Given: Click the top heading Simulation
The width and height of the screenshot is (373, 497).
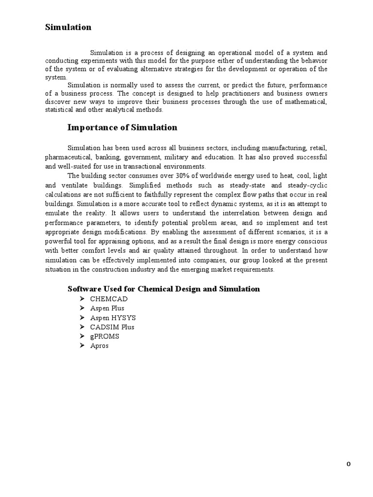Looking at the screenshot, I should [x=68, y=27].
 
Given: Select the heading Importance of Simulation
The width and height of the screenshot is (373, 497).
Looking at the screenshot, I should [x=122, y=128].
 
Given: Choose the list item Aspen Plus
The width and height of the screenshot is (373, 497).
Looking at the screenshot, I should [x=107, y=308].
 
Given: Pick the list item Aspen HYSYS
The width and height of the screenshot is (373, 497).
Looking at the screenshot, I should [x=113, y=317].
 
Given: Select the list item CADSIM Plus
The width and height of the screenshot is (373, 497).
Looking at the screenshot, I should [x=112, y=327].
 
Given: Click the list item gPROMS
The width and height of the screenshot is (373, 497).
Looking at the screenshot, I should [x=104, y=336].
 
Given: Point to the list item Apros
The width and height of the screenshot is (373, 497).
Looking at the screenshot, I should [x=99, y=346].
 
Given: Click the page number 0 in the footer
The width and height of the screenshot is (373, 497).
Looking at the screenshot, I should [x=348, y=464].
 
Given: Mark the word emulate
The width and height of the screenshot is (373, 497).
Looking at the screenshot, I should [x=57, y=213].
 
